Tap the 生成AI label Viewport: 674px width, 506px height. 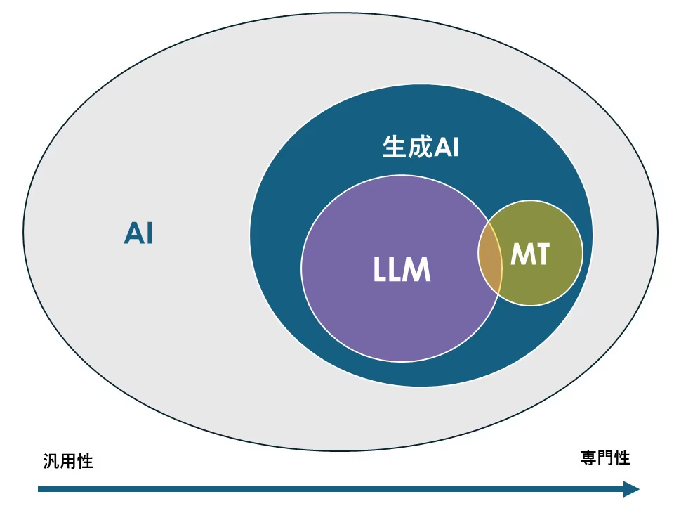pos(420,148)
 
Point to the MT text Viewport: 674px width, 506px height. pos(530,255)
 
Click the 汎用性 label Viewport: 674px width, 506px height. pos(67,462)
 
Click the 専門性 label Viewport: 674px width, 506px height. pos(605,458)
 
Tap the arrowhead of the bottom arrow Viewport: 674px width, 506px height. pos(632,489)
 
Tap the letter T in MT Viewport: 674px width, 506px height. pos(541,255)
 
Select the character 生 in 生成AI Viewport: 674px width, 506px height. pos(394,148)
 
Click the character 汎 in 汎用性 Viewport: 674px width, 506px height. pos(51,462)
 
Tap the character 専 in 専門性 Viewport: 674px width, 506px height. pos(588,458)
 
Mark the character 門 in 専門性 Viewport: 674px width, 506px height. pos(605,458)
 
